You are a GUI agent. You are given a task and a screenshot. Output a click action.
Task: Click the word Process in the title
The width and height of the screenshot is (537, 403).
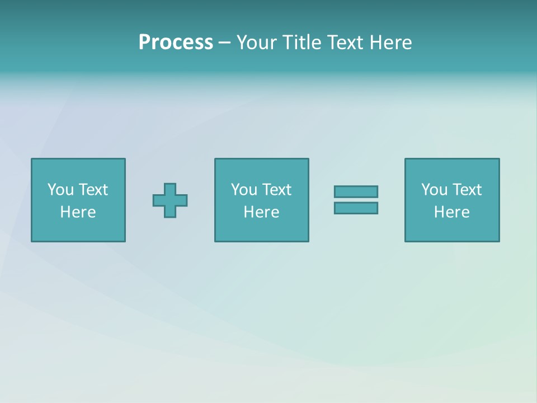point(176,43)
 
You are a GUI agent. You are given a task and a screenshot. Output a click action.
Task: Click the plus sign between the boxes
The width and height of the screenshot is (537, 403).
point(170,200)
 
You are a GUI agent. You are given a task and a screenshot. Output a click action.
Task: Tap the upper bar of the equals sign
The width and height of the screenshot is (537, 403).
point(356,192)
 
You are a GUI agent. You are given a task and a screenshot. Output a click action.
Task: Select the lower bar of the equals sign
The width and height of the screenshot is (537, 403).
point(356,208)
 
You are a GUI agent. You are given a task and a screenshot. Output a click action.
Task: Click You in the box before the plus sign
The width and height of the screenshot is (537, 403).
point(60,190)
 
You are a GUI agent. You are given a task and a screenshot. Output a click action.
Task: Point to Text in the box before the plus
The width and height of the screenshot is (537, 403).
point(93,190)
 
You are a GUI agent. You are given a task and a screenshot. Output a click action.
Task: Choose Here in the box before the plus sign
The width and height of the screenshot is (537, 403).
point(78,212)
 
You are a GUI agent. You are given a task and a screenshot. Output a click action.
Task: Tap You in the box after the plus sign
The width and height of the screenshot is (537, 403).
point(244,190)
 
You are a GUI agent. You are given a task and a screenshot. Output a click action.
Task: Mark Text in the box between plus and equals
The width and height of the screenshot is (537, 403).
point(276,190)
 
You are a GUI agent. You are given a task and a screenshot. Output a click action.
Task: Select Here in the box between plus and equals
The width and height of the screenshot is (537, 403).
point(261,212)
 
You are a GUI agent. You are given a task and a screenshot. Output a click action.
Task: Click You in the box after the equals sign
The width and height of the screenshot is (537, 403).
point(434,190)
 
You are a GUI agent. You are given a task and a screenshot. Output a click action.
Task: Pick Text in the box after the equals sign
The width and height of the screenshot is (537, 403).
point(467,190)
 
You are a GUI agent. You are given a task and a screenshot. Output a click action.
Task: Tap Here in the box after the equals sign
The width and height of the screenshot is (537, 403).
point(451,212)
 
